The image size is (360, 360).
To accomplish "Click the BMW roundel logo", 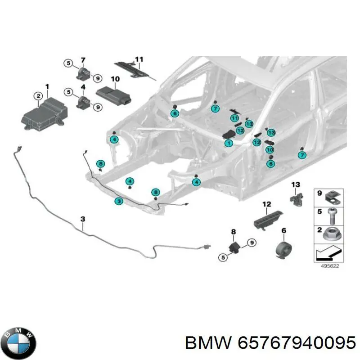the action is (x=20, y=343).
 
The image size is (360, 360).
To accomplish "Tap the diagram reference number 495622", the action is (x=330, y=266).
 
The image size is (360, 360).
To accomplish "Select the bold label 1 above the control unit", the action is (x=47, y=87).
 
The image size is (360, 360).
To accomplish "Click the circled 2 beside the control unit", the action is (x=38, y=96).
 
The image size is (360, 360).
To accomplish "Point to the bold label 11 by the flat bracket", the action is (x=139, y=59).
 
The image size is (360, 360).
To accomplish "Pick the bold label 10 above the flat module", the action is (x=115, y=79).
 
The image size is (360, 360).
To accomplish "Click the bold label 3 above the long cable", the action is (x=83, y=219).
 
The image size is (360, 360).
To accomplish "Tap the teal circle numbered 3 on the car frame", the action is (x=119, y=202).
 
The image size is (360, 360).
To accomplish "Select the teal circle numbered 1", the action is (x=229, y=144).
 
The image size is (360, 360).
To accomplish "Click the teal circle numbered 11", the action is (x=234, y=118).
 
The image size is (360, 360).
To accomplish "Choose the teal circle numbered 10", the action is (x=270, y=150).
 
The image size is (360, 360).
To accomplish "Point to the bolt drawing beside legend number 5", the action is (x=332, y=216).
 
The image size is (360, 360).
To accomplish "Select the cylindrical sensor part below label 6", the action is (x=284, y=249).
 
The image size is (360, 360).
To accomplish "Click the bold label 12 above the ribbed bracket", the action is (x=267, y=204).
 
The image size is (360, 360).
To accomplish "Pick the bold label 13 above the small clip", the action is (x=296, y=184).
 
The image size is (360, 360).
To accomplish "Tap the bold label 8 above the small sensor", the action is (x=233, y=232).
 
